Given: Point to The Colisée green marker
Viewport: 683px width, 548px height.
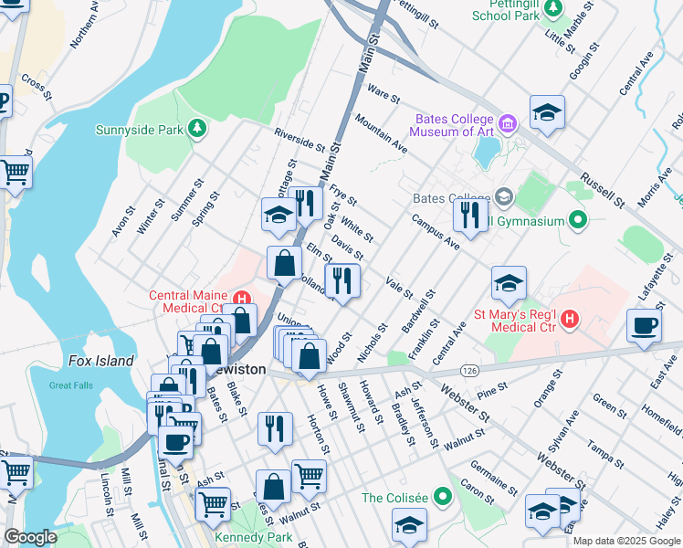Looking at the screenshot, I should click(443, 498).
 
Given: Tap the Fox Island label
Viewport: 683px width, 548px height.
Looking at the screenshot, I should click(100, 361).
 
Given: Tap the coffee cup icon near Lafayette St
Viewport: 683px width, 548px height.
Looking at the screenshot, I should click(645, 326).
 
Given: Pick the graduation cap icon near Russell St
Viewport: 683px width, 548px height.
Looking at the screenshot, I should click(547, 112).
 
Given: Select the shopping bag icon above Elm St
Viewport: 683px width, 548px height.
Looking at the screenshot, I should click(284, 263).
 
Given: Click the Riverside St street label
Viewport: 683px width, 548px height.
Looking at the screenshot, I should click(300, 140).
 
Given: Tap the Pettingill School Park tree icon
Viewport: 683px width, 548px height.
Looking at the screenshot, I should click(552, 7).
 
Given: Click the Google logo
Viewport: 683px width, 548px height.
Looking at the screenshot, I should click(30, 537).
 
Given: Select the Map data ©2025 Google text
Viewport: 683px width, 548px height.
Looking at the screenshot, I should click(626, 541).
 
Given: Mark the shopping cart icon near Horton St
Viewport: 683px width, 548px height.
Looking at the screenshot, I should click(309, 475).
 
